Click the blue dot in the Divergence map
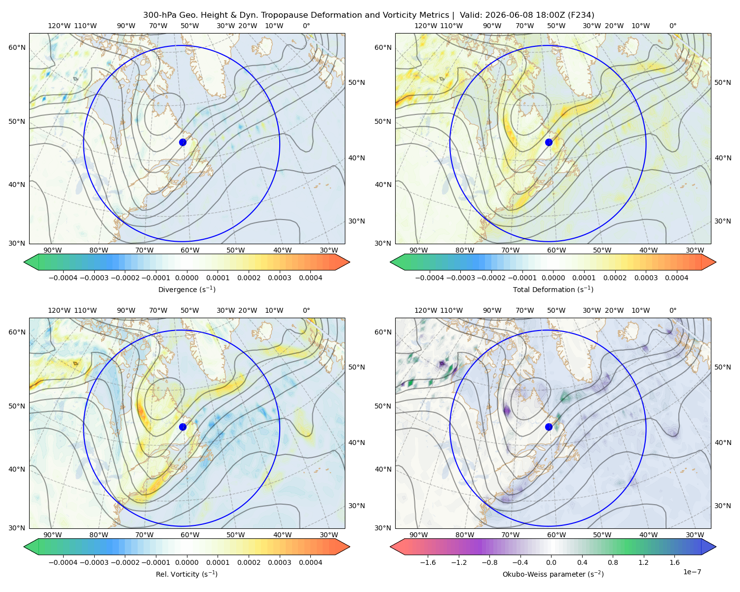pyautogui.click(x=183, y=142)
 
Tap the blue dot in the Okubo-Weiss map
pyautogui.click(x=549, y=427)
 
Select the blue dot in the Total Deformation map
pyautogui.click(x=549, y=142)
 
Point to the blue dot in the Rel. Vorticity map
pyautogui.click(x=183, y=427)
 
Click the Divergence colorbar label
pyautogui.click(x=186, y=290)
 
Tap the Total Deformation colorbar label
pyautogui.click(x=553, y=290)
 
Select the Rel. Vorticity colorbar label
pyautogui.click(x=186, y=574)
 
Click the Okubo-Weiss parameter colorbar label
pyautogui.click(x=553, y=574)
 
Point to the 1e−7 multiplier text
pyautogui.click(x=692, y=572)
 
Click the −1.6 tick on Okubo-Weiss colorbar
pyautogui.click(x=428, y=562)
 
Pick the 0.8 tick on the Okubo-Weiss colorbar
pyautogui.click(x=613, y=562)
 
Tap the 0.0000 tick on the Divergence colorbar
pyautogui.click(x=186, y=278)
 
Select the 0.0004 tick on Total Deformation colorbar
pyautogui.click(x=676, y=278)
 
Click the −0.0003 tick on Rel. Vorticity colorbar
pyautogui.click(x=94, y=562)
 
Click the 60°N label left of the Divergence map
pyautogui.click(x=17, y=47)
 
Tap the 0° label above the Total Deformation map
pyautogui.click(x=672, y=26)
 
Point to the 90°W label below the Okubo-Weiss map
pyautogui.click(x=418, y=535)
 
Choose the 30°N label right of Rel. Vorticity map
pyautogui.click(x=357, y=506)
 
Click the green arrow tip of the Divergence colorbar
pyautogui.click(x=24, y=262)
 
